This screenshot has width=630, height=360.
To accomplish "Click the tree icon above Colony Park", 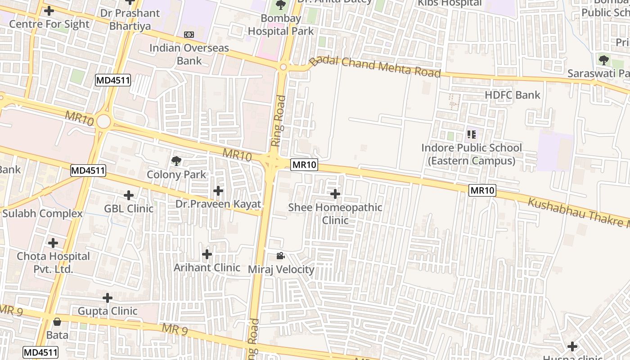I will tap(176, 161).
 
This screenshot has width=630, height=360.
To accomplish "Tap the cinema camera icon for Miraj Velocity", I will tap(280, 256).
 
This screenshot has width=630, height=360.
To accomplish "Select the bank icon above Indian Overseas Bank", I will tap(189, 35).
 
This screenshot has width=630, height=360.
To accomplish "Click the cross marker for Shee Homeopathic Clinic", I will tap(335, 194).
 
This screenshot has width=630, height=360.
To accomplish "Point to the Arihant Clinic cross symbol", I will tap(207, 254).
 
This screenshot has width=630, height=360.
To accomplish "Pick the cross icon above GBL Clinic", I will tap(129, 195).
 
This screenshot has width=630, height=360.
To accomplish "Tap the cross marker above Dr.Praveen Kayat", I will tap(218, 191).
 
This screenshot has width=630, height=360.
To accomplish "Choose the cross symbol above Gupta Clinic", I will tap(107, 298).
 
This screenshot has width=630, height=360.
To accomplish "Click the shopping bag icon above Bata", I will tap(57, 322).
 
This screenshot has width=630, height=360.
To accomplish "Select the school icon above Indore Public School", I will tap(472, 134).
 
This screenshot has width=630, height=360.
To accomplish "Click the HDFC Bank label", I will tap(512, 95).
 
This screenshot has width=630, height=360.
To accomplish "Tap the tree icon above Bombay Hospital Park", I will tap(281, 5).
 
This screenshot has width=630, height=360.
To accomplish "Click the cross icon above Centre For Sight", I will tap(49, 10).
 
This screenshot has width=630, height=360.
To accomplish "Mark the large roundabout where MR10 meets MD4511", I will tap(103, 121).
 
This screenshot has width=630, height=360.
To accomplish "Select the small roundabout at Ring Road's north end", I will tap(283, 67).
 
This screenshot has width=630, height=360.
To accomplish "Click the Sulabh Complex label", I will tap(43, 213).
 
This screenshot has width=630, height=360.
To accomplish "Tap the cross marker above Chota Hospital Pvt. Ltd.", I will tap(53, 243).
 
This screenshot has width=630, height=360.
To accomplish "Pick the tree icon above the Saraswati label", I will tap(603, 59).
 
